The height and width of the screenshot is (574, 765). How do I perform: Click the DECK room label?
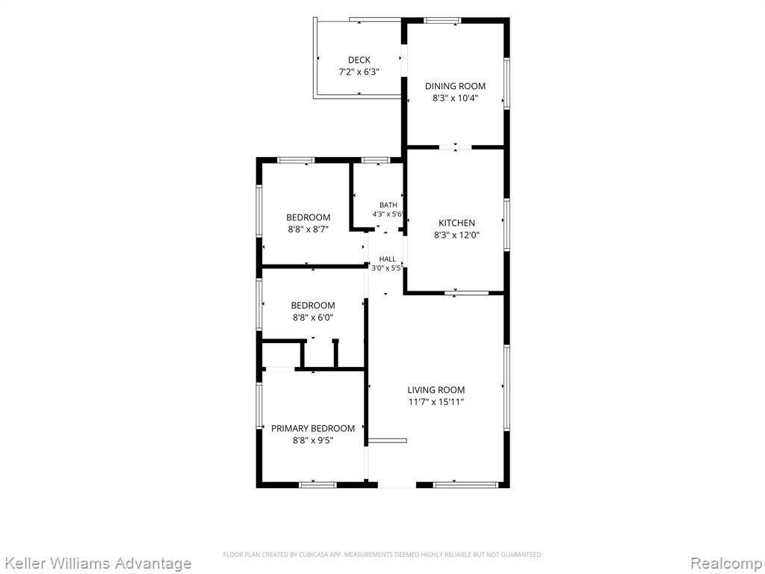point(359,60)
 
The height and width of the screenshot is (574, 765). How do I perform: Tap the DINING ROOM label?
point(455,86)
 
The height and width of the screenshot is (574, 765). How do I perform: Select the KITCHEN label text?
point(456,223)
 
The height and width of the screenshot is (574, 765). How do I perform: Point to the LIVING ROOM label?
point(436,389)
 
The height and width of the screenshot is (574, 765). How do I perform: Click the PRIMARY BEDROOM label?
point(313,428)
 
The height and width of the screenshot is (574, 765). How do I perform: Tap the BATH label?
point(388,205)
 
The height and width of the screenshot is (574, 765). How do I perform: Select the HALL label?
point(388,259)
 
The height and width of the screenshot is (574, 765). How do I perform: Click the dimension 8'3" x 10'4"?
point(455,98)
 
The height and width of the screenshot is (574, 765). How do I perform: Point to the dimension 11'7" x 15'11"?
point(436,401)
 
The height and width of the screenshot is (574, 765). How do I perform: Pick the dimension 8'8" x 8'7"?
point(308,229)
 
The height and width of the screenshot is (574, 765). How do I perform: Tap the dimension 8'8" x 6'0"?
point(313,317)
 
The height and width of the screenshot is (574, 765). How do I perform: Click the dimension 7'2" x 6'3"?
point(359,72)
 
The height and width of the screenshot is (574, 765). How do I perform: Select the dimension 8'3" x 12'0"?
point(456,235)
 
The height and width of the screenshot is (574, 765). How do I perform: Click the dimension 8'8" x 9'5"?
point(313,440)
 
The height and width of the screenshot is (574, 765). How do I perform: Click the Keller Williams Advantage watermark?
point(96,564)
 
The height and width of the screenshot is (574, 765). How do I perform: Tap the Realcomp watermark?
point(727,564)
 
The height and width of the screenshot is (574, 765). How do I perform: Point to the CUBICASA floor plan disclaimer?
point(382,555)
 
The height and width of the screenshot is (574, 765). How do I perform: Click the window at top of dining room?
point(442,20)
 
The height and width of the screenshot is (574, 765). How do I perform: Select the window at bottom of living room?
point(465,484)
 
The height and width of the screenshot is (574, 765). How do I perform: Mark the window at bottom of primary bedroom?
point(318,484)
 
